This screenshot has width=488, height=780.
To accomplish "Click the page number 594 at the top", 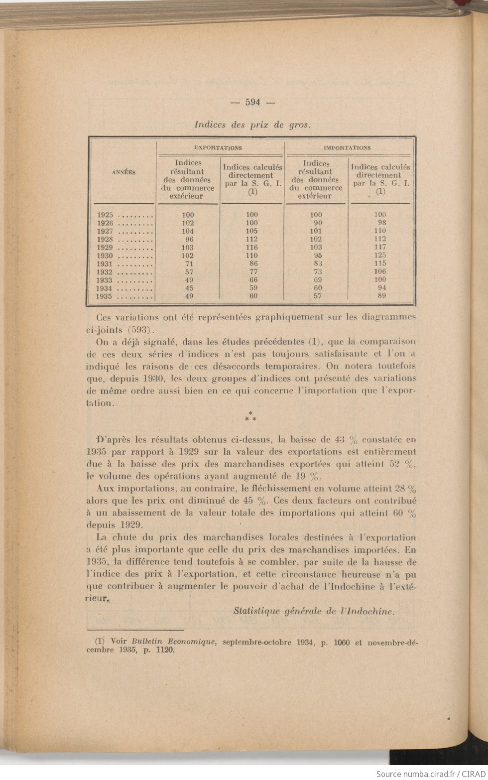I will pos(252,102).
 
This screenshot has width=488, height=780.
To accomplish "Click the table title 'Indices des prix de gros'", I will pos(252,125).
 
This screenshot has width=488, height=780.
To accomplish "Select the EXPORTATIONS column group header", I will pos(218,148).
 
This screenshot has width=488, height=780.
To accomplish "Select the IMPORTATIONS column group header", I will pos(347,148).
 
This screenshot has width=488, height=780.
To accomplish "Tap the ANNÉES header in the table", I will pos(123,172).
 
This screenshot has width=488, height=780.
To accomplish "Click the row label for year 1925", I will pos(106,215).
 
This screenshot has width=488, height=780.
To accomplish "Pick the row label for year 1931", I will pos(106,264).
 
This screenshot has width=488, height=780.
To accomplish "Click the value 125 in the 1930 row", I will pos(380,255).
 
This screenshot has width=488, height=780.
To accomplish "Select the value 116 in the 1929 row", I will pos(252,248).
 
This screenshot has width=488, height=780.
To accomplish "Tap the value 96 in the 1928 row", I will pos(189,240).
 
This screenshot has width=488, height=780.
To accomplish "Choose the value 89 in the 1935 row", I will pos(381,296).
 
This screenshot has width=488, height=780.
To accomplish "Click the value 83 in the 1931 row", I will pos(318,263).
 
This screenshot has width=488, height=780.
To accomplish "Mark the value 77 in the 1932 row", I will pos(252,272).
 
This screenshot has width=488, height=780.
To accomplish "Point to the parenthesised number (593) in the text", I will pos(142,330).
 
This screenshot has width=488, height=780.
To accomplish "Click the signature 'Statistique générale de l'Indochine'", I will pos(313,612).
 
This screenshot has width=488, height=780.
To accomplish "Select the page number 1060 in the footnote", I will pos(340,643).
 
